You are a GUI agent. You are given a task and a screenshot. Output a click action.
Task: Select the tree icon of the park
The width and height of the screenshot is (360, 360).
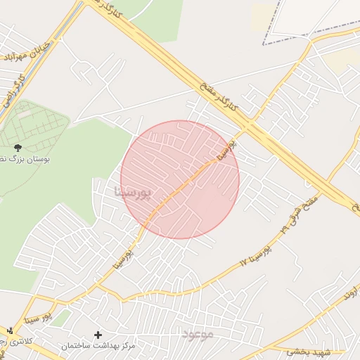pyautogui.click(x=17, y=148)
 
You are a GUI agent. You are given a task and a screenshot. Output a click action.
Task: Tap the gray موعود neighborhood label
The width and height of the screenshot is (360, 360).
pyautogui.click(x=197, y=333)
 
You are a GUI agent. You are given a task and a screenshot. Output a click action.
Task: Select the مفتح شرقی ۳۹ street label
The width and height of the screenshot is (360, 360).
pyautogui.click(x=300, y=214)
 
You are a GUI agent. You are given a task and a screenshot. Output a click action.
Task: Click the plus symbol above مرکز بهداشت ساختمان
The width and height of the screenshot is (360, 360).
pyautogui.click(x=98, y=335)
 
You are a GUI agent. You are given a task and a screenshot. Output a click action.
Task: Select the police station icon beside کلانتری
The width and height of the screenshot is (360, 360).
pyautogui.click(x=9, y=330)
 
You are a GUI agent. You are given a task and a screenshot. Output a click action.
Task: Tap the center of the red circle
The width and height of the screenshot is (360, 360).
pyautogui.click(x=180, y=180)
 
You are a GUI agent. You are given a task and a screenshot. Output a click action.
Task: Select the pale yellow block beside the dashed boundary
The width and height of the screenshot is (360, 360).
pyautogui.click(x=263, y=15)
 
